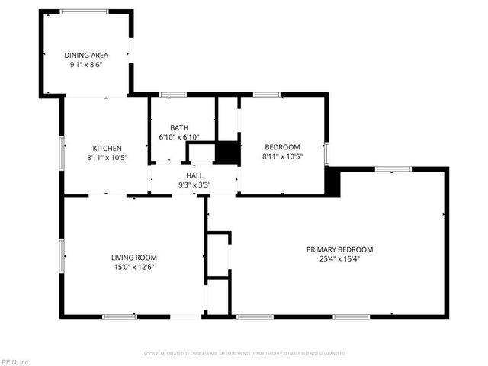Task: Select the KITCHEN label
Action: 108,148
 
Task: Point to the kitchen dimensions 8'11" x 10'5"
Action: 108,158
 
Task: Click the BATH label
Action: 179,128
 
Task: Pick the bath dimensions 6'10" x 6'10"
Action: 179,137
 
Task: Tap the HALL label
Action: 194,175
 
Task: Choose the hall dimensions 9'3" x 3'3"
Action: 194,185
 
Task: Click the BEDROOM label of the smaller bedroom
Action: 282,147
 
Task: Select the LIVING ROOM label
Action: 133,257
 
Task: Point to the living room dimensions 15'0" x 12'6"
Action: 133,267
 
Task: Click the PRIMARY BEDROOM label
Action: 339,249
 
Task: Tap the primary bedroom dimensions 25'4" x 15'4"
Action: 339,259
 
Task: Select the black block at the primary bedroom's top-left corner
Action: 332,182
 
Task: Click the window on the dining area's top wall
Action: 84,11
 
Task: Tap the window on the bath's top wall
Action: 173,95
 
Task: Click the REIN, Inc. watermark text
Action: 14,361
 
